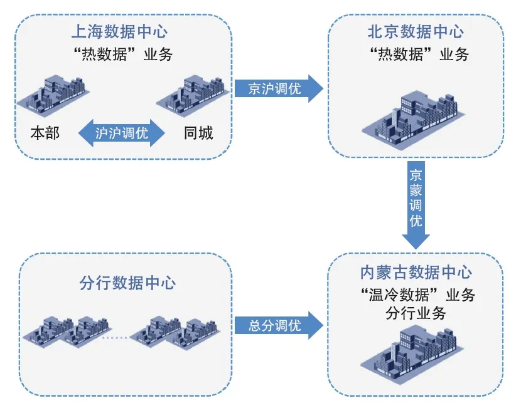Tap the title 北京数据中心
pyautogui.click(x=416, y=31)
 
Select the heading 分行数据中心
pyautogui.click(x=127, y=283)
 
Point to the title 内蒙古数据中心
pyautogui.click(x=416, y=272)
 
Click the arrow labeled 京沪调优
pyautogui.click(x=278, y=88)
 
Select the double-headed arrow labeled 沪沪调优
pyautogui.click(x=121, y=133)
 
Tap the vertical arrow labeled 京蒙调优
pyautogui.click(x=416, y=204)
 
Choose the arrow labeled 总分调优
pyautogui.click(x=278, y=325)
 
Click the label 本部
pyautogui.click(x=45, y=133)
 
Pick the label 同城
pyautogui.click(x=198, y=133)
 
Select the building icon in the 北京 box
pyautogui.click(x=416, y=116)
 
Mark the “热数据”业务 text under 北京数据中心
pyautogui.click(x=416, y=55)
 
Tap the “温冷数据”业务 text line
pyautogui.click(x=416, y=295)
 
